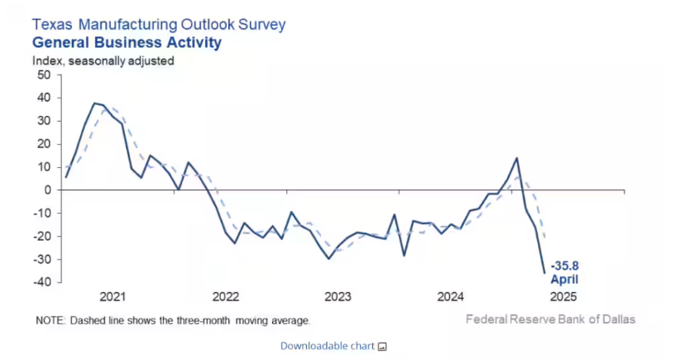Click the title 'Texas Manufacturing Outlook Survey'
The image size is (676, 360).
click(x=158, y=24)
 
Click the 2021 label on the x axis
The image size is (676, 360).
click(x=112, y=296)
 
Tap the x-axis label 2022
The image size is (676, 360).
click(x=225, y=296)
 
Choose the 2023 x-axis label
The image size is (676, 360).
click(x=338, y=296)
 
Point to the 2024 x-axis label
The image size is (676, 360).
click(x=450, y=296)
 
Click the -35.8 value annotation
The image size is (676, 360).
click(x=567, y=266)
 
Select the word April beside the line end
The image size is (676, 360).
click(x=566, y=279)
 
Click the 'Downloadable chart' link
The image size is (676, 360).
click(x=327, y=345)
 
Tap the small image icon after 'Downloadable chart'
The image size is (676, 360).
click(x=382, y=346)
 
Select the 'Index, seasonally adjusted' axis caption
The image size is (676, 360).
click(x=103, y=60)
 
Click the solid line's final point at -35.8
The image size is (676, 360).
click(x=544, y=272)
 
